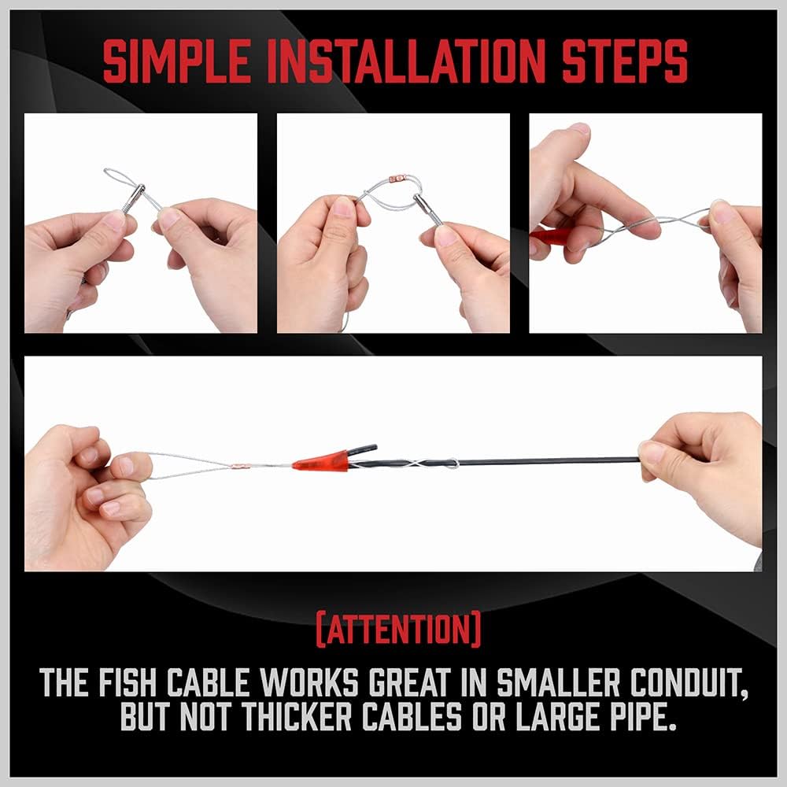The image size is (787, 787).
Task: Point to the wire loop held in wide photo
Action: point(185,465)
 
